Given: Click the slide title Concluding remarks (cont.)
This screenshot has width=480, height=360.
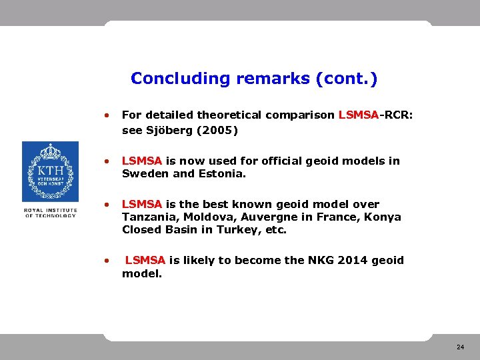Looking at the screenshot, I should click(254, 79).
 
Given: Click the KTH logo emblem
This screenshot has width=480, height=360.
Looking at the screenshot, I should click(50, 171).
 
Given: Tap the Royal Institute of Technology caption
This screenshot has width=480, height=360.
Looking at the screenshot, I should click(50, 213).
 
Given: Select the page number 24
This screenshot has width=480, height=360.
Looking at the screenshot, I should click(460, 347).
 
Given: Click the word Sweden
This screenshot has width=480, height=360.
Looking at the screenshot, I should click(143, 174).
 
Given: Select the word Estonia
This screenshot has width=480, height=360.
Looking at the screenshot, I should click(221, 174).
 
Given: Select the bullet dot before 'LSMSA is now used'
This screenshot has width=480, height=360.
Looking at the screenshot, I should click(107, 161).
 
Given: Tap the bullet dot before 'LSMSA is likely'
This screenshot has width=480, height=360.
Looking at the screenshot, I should click(107, 261).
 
